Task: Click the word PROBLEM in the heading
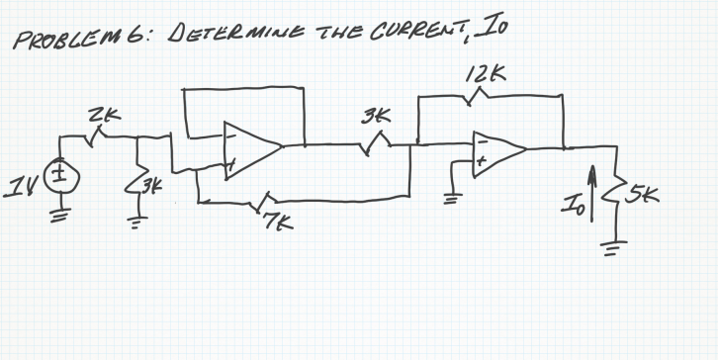click(x=51, y=43)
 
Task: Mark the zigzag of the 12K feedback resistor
click(x=482, y=97)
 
